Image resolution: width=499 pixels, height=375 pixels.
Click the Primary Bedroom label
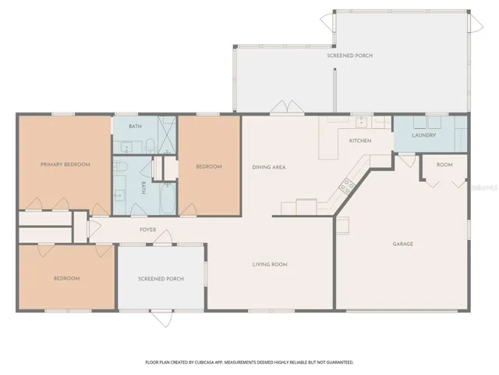pyautogui.click(x=65, y=165)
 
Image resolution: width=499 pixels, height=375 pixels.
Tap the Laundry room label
pyautogui.click(x=424, y=135)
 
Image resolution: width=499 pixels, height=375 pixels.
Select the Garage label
pyautogui.click(x=403, y=244)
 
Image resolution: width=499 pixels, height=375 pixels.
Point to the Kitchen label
pyautogui.click(x=360, y=141)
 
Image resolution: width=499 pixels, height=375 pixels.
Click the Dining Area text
pyautogui.click(x=269, y=167)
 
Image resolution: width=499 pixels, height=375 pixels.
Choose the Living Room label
pyautogui.click(x=270, y=264)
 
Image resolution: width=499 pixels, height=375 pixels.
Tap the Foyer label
pyautogui.click(x=148, y=230)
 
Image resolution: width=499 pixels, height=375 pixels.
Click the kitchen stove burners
pyautogui.click(x=346, y=186)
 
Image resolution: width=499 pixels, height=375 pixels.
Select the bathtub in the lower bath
pyautogui.click(x=168, y=198)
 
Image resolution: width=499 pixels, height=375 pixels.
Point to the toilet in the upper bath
pyautogui.click(x=150, y=145)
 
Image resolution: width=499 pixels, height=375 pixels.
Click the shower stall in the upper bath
pyautogui.click(x=167, y=134)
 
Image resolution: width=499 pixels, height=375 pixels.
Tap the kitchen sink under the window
pyautogui.click(x=361, y=122)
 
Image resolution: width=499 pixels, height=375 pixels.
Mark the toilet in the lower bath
pyautogui.click(x=120, y=166)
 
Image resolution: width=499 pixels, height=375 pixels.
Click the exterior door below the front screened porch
pyautogui.click(x=161, y=318)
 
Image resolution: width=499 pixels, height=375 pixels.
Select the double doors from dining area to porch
pyautogui.click(x=287, y=108)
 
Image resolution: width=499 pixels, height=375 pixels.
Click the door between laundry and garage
pyautogui.click(x=407, y=160)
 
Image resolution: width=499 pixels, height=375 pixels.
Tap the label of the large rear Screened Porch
pyautogui.click(x=350, y=55)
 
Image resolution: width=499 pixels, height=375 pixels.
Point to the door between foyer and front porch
pyautogui.click(x=163, y=238)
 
